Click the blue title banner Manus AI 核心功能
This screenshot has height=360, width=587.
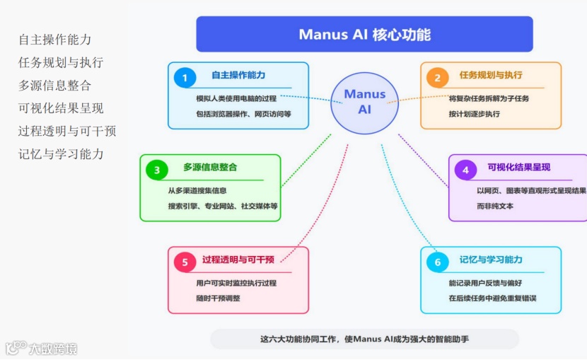[364, 35]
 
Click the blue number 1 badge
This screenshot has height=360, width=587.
[185, 78]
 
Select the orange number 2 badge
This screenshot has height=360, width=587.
[437, 78]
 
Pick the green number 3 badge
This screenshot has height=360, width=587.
[156, 170]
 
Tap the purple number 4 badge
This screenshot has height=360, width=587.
[465, 170]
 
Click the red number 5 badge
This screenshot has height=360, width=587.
[185, 262]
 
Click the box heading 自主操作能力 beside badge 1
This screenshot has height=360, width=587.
[238, 75]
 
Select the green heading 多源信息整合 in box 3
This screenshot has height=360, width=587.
[210, 168]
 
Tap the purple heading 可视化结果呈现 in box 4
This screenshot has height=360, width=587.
[519, 168]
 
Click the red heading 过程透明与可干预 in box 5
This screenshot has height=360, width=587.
[238, 260]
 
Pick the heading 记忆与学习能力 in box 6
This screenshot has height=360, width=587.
[491, 260]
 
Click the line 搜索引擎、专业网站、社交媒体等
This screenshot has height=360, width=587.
[223, 206]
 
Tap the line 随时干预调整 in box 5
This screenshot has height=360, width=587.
[218, 298]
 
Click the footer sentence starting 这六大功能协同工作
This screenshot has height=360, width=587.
[364, 339]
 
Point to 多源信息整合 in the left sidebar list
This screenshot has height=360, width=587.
[54, 86]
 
